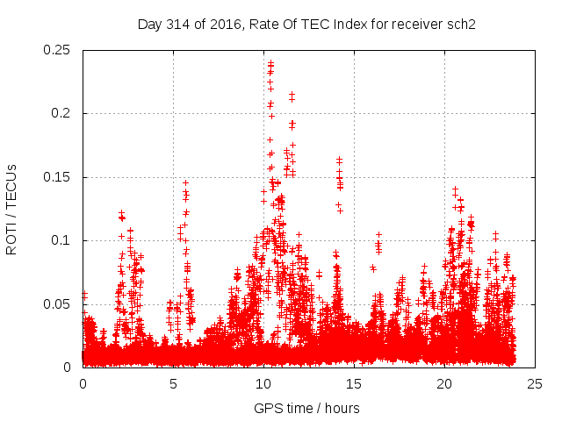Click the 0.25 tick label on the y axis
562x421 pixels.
[x=60, y=50]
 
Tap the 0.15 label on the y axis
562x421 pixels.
[x=60, y=177]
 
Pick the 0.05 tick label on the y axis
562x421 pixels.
[x=60, y=303]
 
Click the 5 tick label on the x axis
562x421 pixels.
[x=173, y=383]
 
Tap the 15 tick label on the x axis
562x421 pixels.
[x=355, y=383]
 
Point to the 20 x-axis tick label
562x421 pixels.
[x=445, y=383]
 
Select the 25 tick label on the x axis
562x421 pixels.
[x=536, y=383]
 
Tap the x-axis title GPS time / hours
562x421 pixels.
[x=306, y=408]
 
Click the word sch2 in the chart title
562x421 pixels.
[x=461, y=24]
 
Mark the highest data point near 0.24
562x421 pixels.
[x=270, y=62]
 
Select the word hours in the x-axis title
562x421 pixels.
[x=341, y=408]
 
